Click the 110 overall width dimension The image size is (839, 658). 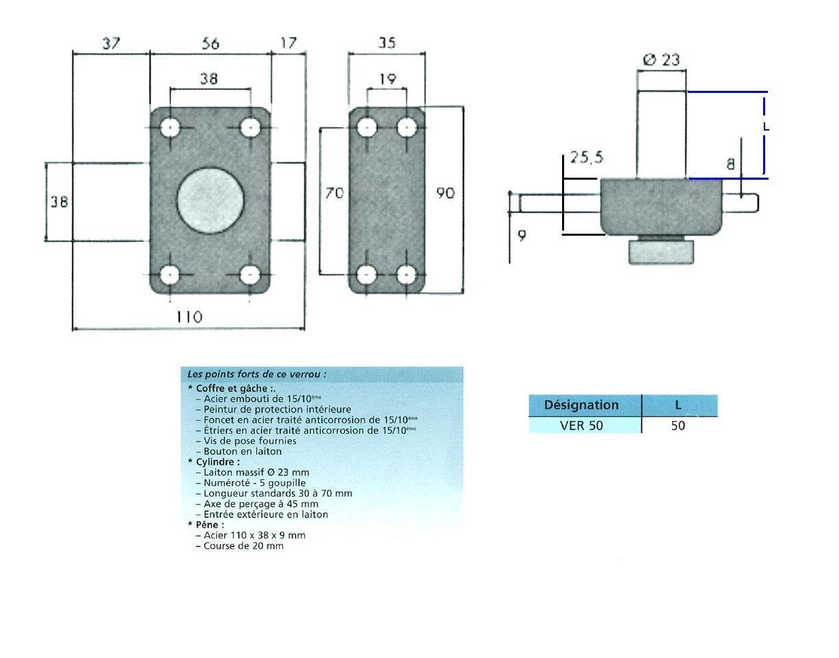(189, 317)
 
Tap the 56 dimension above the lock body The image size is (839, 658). (211, 43)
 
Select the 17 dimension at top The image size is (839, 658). (289, 43)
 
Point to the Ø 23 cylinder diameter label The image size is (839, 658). (661, 59)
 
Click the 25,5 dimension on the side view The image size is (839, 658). (587, 157)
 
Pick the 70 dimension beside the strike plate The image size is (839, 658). (334, 193)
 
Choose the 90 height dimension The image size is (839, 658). (446, 193)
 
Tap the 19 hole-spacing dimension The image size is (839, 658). (388, 79)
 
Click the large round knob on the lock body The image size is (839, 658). (211, 200)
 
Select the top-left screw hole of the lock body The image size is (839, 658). (170, 128)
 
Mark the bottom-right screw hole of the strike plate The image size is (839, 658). (407, 275)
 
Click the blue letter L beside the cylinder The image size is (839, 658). (766, 127)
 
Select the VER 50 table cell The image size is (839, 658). (581, 426)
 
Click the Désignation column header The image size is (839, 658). (581, 405)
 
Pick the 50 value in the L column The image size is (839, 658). (678, 426)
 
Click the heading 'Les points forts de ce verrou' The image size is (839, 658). (256, 374)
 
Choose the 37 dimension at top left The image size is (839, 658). (111, 43)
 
